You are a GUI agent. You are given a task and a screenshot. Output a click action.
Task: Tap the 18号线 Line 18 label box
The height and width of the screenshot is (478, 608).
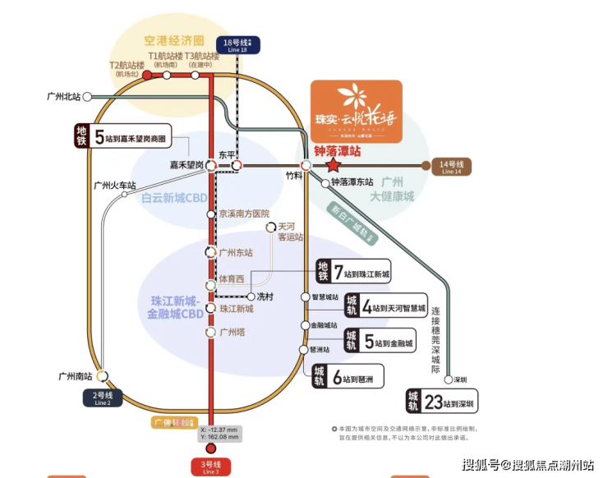[x=237, y=45]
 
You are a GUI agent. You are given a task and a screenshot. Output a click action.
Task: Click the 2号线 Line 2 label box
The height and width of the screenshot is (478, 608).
[x=102, y=398]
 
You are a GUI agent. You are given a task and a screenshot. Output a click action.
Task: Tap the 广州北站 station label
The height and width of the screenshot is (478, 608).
[x=64, y=97]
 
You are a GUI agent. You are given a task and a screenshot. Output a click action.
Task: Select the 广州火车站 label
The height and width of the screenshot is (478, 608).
[x=114, y=186]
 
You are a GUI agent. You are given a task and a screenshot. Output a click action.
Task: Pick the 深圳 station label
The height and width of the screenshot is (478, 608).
[x=460, y=379]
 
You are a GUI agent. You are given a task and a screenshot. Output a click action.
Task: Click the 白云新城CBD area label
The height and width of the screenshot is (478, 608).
[x=173, y=198]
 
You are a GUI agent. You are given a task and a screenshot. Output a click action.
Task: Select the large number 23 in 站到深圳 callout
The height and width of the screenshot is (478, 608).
[x=433, y=402]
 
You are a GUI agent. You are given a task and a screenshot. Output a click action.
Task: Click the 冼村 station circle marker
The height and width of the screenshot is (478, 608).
[x=251, y=296]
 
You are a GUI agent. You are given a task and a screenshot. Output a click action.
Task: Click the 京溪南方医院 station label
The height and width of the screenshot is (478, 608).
[x=243, y=214]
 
